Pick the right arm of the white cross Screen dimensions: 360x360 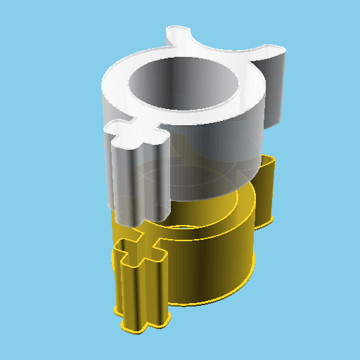click(163, 132)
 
